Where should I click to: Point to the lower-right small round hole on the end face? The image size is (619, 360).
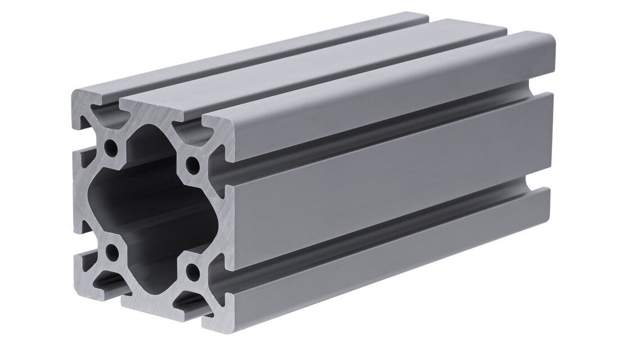click(x=194, y=275)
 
